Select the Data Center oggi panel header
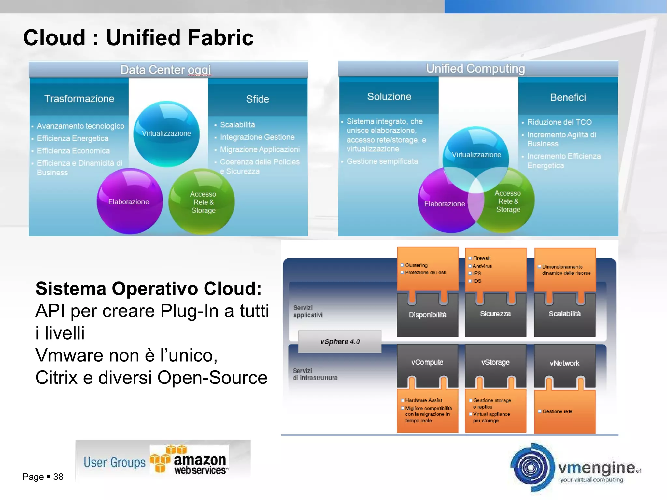coord(165,70)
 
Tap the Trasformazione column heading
coord(79,99)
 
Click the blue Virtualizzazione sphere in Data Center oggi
coord(166,133)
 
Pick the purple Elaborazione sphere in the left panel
coord(129,202)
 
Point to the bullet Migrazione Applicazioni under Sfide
coord(260,150)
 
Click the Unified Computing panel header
coord(475,69)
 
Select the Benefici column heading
coord(568,97)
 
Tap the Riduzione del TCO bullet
coord(559,122)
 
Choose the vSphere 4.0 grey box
coord(340,341)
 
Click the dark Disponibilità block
coord(427,315)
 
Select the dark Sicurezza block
coord(495,314)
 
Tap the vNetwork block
coord(564,363)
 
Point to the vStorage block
coord(495,362)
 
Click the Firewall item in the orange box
coord(481,258)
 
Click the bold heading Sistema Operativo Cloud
coord(149,289)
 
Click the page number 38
coord(58,477)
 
